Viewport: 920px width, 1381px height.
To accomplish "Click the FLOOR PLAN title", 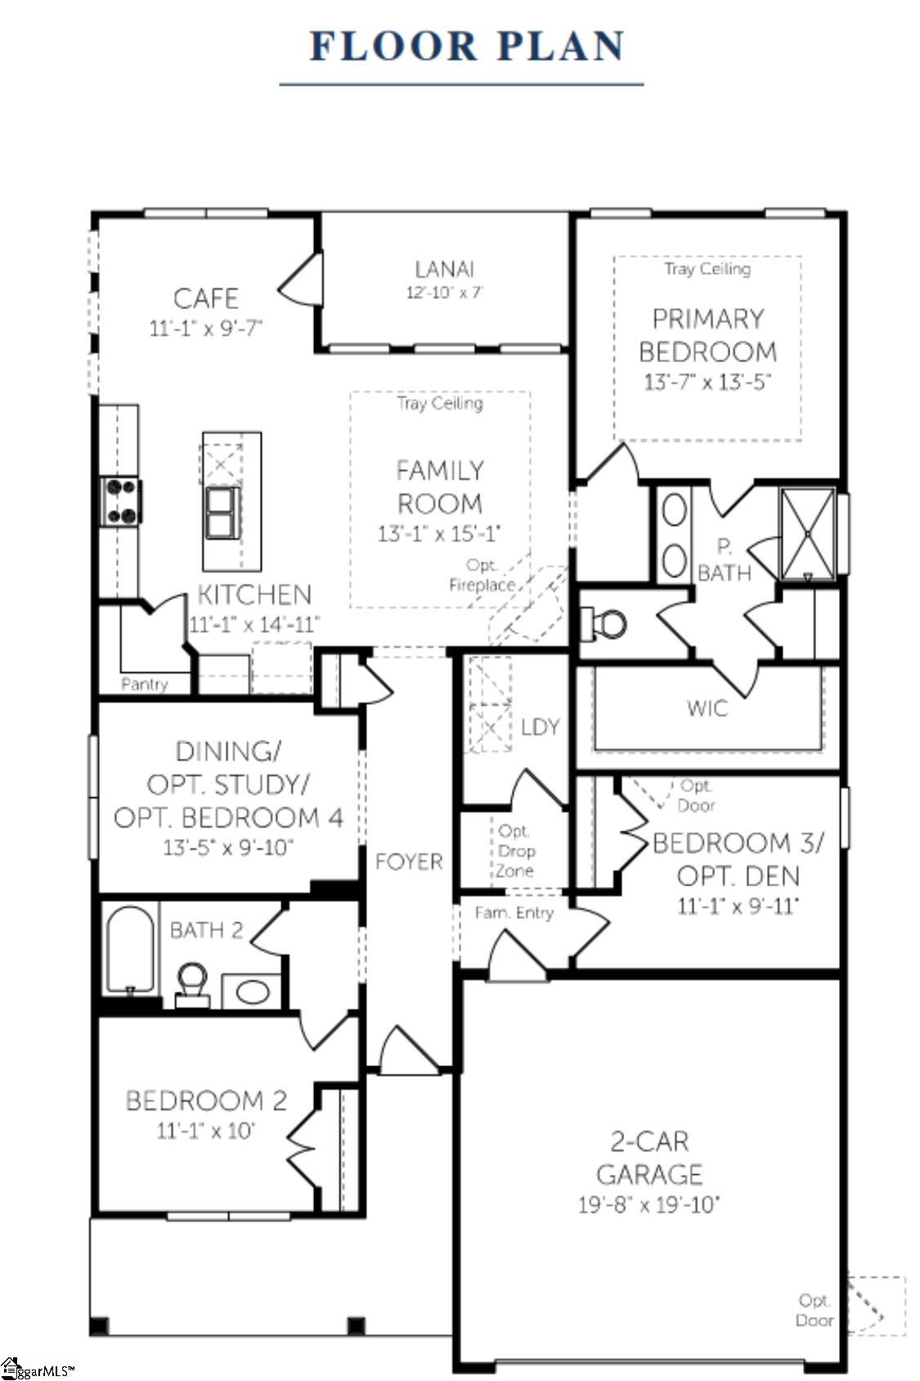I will (x=467, y=46).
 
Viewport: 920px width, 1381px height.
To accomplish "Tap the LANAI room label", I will (x=444, y=269).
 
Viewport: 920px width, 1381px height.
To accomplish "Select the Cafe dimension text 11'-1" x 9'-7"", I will (x=205, y=328).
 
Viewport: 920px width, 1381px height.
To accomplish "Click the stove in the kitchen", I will (x=120, y=500).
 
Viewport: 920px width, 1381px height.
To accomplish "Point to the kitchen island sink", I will (x=222, y=513).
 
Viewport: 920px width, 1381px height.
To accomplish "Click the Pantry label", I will (x=144, y=684).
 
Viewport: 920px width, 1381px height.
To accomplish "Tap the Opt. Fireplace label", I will (x=482, y=576).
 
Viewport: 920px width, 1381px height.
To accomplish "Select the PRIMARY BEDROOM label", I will (x=707, y=335).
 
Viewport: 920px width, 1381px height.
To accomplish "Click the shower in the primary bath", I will (x=807, y=534).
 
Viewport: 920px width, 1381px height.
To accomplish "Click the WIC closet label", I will (x=707, y=708).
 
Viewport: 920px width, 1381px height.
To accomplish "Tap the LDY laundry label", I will (x=540, y=727).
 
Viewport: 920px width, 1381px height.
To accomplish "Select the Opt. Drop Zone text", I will (x=515, y=851).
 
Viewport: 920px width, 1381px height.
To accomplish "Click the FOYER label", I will (x=409, y=861).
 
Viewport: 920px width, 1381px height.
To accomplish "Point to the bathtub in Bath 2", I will (x=130, y=948).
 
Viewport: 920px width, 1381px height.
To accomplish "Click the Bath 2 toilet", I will (x=192, y=981).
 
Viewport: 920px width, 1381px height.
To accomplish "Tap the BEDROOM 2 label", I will (x=206, y=1101).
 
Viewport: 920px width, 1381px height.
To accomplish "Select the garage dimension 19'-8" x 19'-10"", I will (x=648, y=1204).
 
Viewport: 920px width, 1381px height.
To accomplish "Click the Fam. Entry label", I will (x=514, y=912).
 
